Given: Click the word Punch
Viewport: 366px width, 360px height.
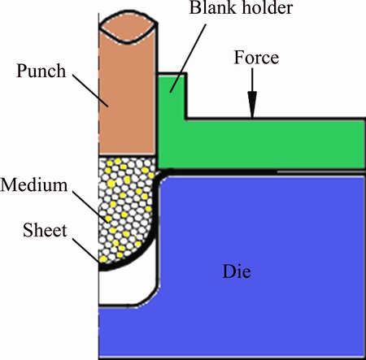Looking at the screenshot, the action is tap(41, 72).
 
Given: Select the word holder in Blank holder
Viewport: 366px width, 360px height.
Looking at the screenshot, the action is tap(268, 7).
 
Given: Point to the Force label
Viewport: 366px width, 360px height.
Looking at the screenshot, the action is tap(256, 58).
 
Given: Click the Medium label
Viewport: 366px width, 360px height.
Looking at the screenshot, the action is tap(34, 185).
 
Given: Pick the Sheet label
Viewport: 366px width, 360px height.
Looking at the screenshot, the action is tap(45, 231).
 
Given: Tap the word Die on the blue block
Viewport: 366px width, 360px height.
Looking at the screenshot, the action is tap(237, 271).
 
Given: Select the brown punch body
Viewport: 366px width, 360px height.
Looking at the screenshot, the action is tap(127, 98).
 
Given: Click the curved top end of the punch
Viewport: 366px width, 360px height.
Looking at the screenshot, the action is tap(128, 27).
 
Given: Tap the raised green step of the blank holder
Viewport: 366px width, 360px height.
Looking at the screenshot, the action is tap(172, 96).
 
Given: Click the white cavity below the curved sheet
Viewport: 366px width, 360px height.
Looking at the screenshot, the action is tap(128, 287).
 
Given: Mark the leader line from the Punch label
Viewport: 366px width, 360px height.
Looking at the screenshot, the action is tap(90, 90).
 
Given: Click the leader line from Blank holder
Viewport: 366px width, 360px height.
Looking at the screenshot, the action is tap(188, 59).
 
